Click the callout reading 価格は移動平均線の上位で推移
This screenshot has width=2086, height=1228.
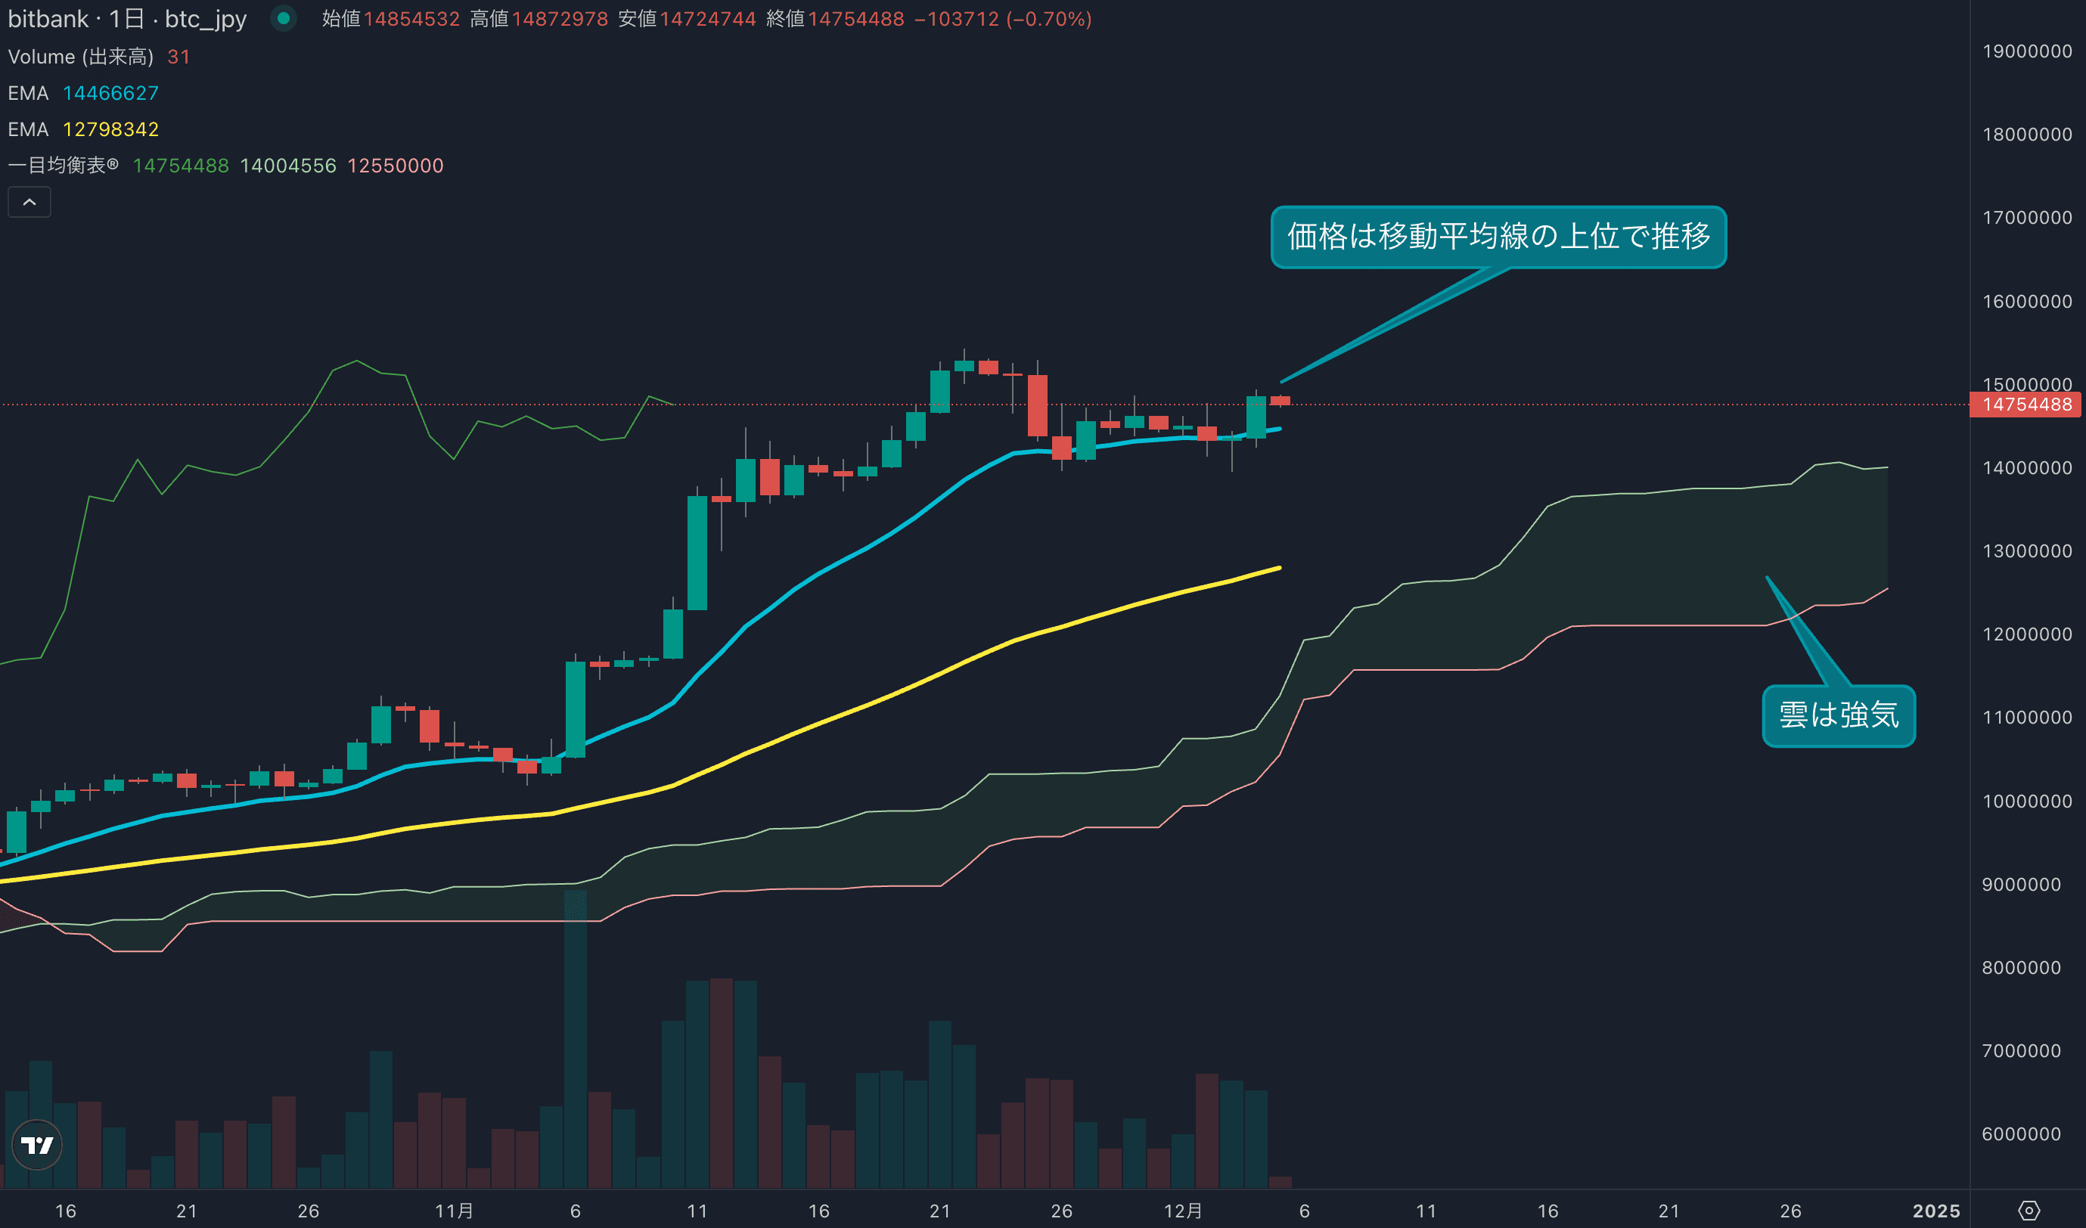[1498, 237]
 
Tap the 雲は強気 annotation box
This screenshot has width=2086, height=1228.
[1838, 715]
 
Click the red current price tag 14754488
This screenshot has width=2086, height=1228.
[2025, 405]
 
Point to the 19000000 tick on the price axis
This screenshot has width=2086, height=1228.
[2026, 51]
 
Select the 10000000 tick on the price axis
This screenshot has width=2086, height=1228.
[2026, 801]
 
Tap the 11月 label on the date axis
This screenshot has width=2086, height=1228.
[454, 1211]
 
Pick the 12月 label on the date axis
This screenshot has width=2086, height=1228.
[1182, 1211]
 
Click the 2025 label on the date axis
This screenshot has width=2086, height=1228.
[1935, 1211]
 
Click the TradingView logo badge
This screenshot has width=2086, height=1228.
[37, 1144]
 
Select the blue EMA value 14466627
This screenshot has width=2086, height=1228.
[110, 93]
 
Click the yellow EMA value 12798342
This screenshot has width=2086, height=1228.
[110, 129]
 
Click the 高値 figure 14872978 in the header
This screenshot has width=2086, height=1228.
[560, 18]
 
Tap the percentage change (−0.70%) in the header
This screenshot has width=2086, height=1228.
[1049, 18]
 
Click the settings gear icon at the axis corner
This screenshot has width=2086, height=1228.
[2028, 1211]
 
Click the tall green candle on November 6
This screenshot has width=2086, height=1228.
[576, 709]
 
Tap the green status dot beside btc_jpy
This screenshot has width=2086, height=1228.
[283, 18]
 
